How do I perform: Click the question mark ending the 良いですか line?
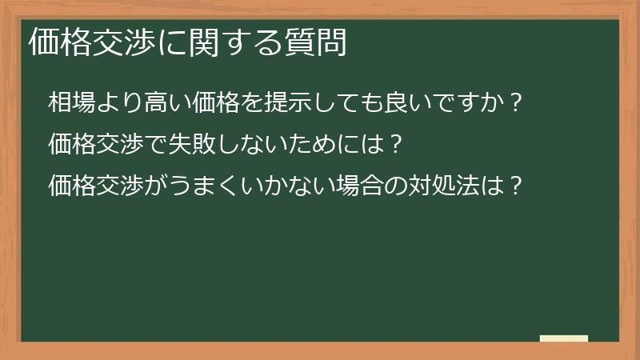point(516,103)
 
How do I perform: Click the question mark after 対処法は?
point(517,186)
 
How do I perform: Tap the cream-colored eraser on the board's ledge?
point(564,338)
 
